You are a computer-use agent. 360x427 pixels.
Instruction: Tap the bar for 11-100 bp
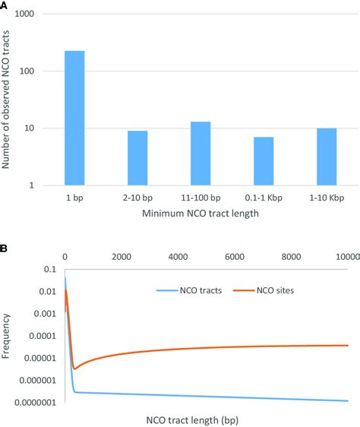tap(201, 153)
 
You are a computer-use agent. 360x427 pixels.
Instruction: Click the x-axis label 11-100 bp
tap(201, 198)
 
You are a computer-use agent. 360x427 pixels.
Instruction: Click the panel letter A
tap(6, 5)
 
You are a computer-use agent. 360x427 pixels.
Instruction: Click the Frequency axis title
tap(7, 334)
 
